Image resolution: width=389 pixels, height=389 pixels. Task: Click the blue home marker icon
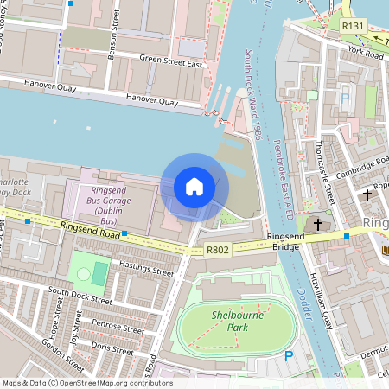coord(194,187)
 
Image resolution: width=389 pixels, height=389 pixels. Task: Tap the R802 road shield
coord(218,250)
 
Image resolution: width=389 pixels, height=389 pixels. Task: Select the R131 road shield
coord(351,27)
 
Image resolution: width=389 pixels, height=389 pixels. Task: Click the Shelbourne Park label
coord(235,321)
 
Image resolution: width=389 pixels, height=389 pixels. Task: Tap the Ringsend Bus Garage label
coord(107,201)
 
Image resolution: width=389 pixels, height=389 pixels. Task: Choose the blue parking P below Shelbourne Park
coord(290,355)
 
